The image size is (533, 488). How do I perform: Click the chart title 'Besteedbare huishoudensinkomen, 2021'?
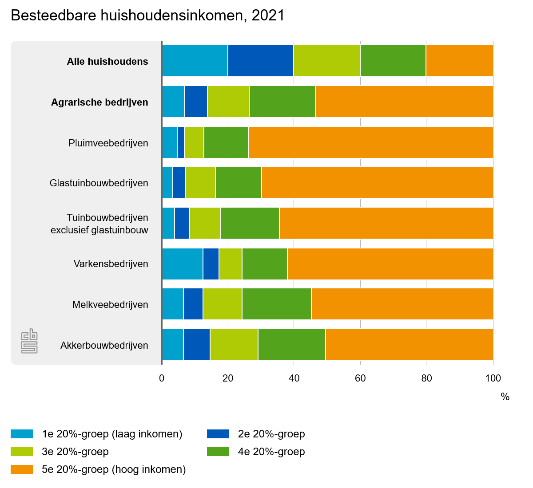[x=147, y=16]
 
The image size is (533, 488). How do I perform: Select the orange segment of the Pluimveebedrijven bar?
[x=370, y=142]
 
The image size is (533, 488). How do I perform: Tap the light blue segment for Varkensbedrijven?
[x=182, y=264]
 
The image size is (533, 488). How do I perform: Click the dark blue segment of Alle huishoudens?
[x=260, y=61]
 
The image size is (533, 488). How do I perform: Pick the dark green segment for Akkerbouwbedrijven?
[x=291, y=345]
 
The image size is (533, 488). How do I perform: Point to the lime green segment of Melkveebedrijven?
[x=222, y=304]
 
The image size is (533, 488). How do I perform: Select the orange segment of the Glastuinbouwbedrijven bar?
[x=377, y=182]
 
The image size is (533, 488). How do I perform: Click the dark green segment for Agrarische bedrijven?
[x=282, y=102]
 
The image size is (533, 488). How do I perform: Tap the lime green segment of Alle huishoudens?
[x=326, y=61]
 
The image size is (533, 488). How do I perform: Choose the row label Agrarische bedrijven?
[x=99, y=102]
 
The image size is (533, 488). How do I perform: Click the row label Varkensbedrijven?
[x=111, y=264]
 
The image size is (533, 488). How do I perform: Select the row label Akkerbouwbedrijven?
[x=104, y=345]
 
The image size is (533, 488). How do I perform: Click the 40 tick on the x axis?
[x=294, y=378]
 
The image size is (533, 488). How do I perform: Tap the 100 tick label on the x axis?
[x=493, y=378]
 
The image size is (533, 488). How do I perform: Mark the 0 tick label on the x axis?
[x=162, y=378]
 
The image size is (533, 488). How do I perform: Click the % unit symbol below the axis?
[x=505, y=397]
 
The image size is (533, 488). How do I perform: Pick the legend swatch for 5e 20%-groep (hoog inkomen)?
[x=22, y=469]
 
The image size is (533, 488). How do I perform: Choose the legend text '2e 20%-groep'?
[x=271, y=434]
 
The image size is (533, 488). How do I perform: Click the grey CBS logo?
[x=29, y=341]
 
